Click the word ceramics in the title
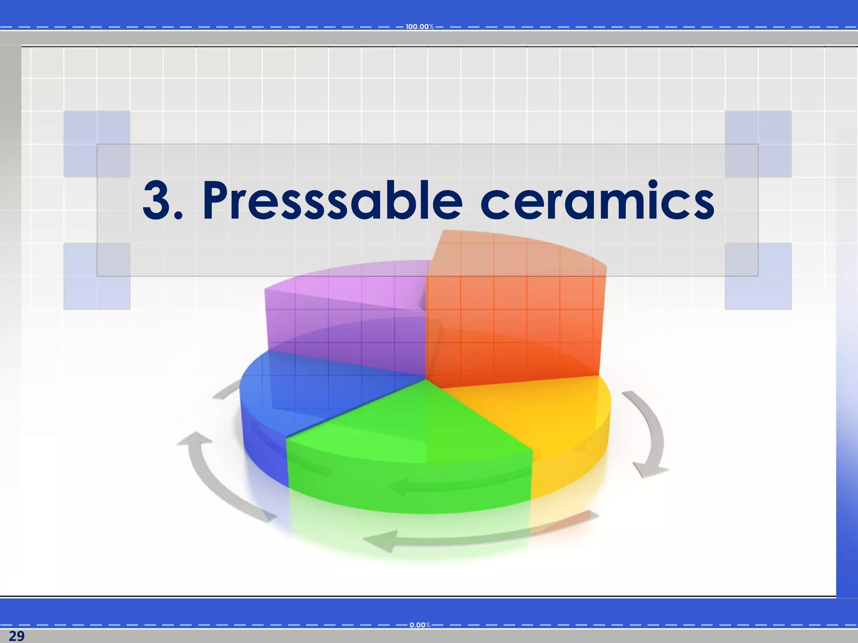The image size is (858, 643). [597, 201]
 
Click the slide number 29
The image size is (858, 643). [16, 636]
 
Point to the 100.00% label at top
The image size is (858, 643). [419, 27]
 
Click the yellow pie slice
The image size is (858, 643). [545, 419]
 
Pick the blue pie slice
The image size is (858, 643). [293, 398]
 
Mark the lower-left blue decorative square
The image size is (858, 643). [97, 276]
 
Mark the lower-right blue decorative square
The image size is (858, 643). [758, 276]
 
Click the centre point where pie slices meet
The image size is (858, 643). [426, 379]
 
